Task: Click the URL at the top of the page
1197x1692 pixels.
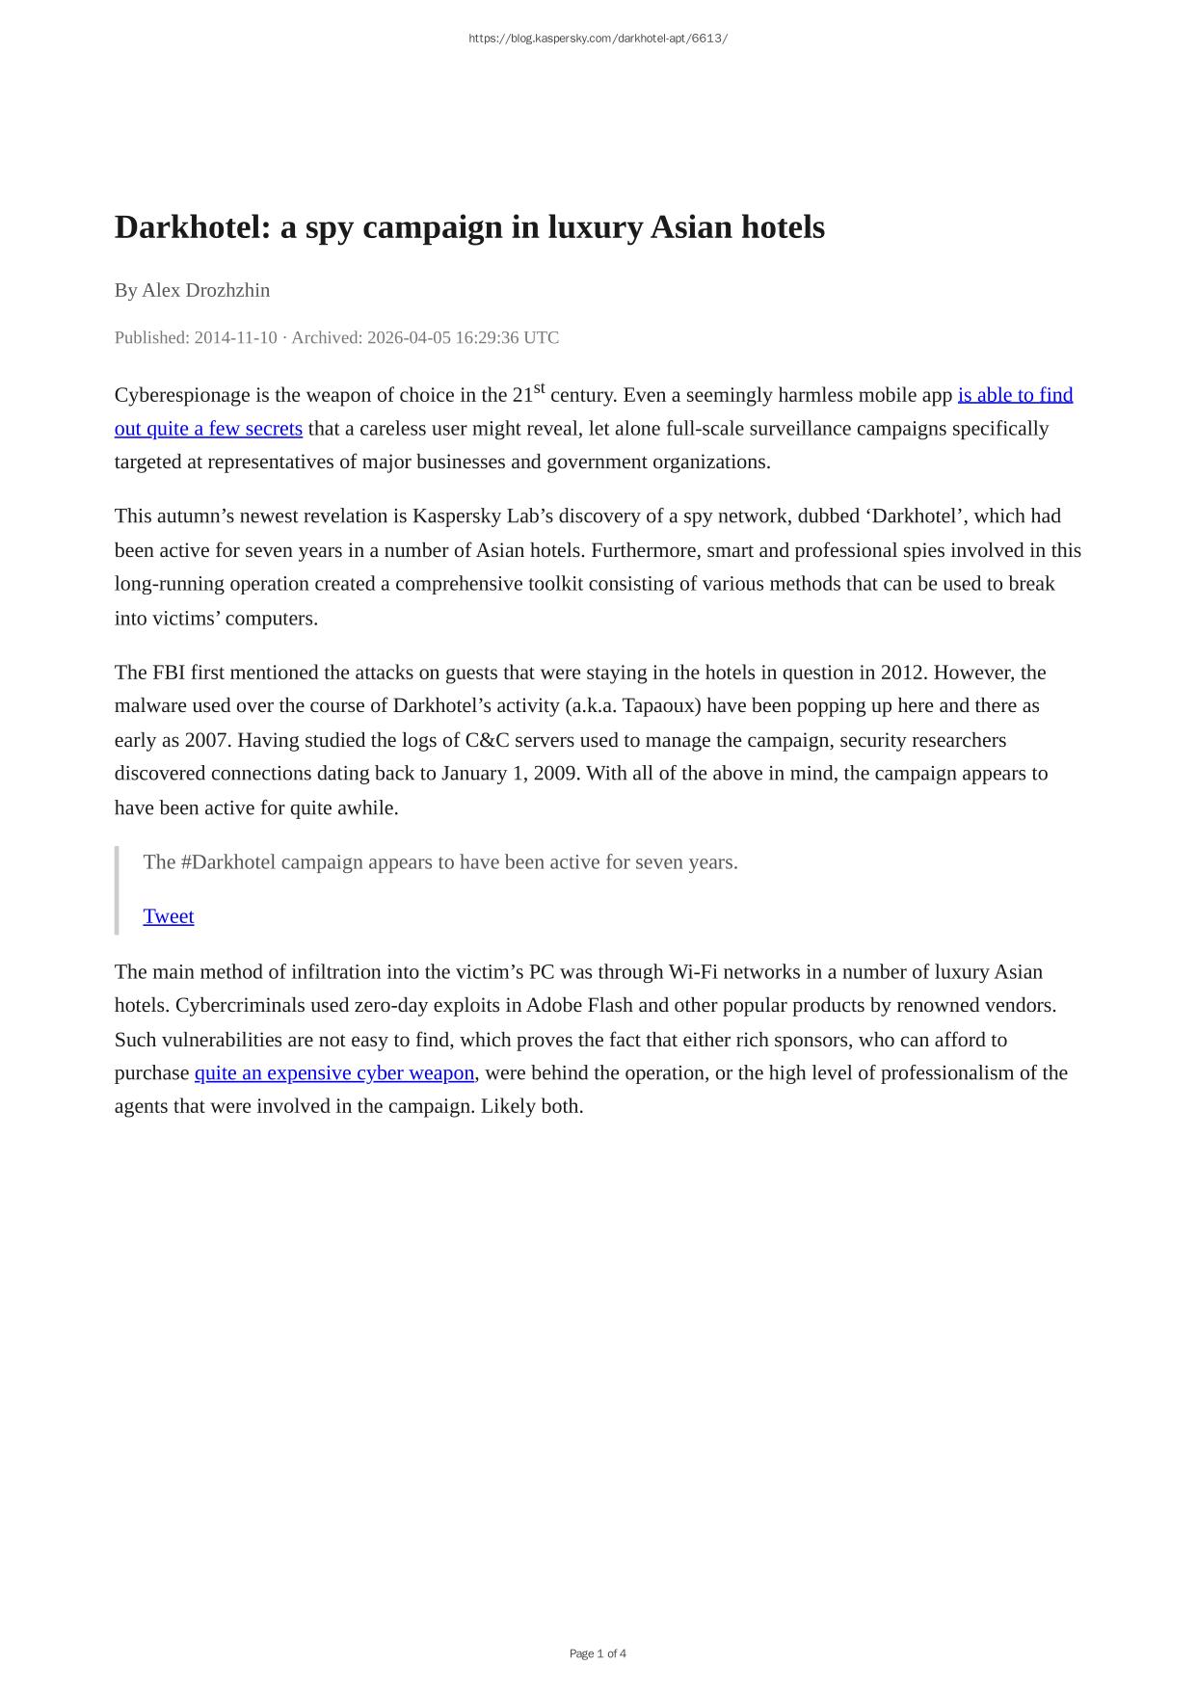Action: pos(598,39)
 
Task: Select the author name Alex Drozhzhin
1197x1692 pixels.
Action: pos(205,290)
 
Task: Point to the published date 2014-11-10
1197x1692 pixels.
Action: pos(235,337)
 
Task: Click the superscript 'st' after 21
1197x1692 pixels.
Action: pos(539,388)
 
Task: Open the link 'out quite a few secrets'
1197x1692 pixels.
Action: pos(208,429)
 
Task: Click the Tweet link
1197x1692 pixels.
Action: pos(169,916)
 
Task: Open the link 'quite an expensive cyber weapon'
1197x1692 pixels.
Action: pos(334,1073)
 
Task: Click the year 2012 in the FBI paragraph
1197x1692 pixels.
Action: pos(902,673)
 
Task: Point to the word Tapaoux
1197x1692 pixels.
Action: pos(662,706)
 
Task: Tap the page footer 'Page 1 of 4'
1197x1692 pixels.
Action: pos(598,1653)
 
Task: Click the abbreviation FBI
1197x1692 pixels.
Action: pos(169,673)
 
